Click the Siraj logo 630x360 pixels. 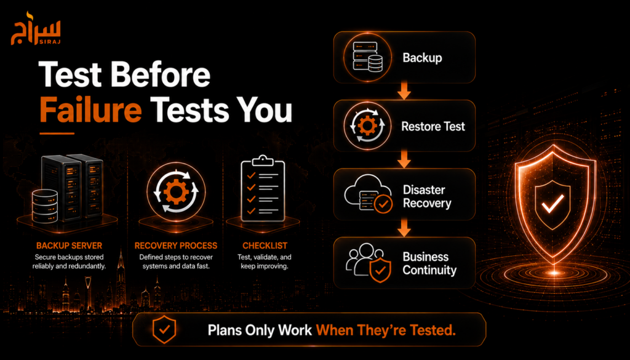click(35, 29)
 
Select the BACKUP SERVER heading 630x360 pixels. click(69, 246)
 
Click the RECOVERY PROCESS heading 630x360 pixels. click(176, 246)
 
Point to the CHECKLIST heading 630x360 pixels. click(265, 246)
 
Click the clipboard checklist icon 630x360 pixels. click(263, 188)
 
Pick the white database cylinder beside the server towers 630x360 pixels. click(44, 206)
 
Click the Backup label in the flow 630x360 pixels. click(422, 57)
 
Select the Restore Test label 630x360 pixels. click(433, 126)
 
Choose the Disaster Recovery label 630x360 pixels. click(427, 196)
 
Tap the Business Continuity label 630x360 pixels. click(429, 263)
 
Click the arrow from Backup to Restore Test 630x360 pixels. click(404, 91)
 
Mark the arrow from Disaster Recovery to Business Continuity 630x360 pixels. click(404, 228)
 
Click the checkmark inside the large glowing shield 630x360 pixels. click(553, 204)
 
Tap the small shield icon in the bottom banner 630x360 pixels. click(164, 329)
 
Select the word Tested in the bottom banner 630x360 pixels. click(433, 330)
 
